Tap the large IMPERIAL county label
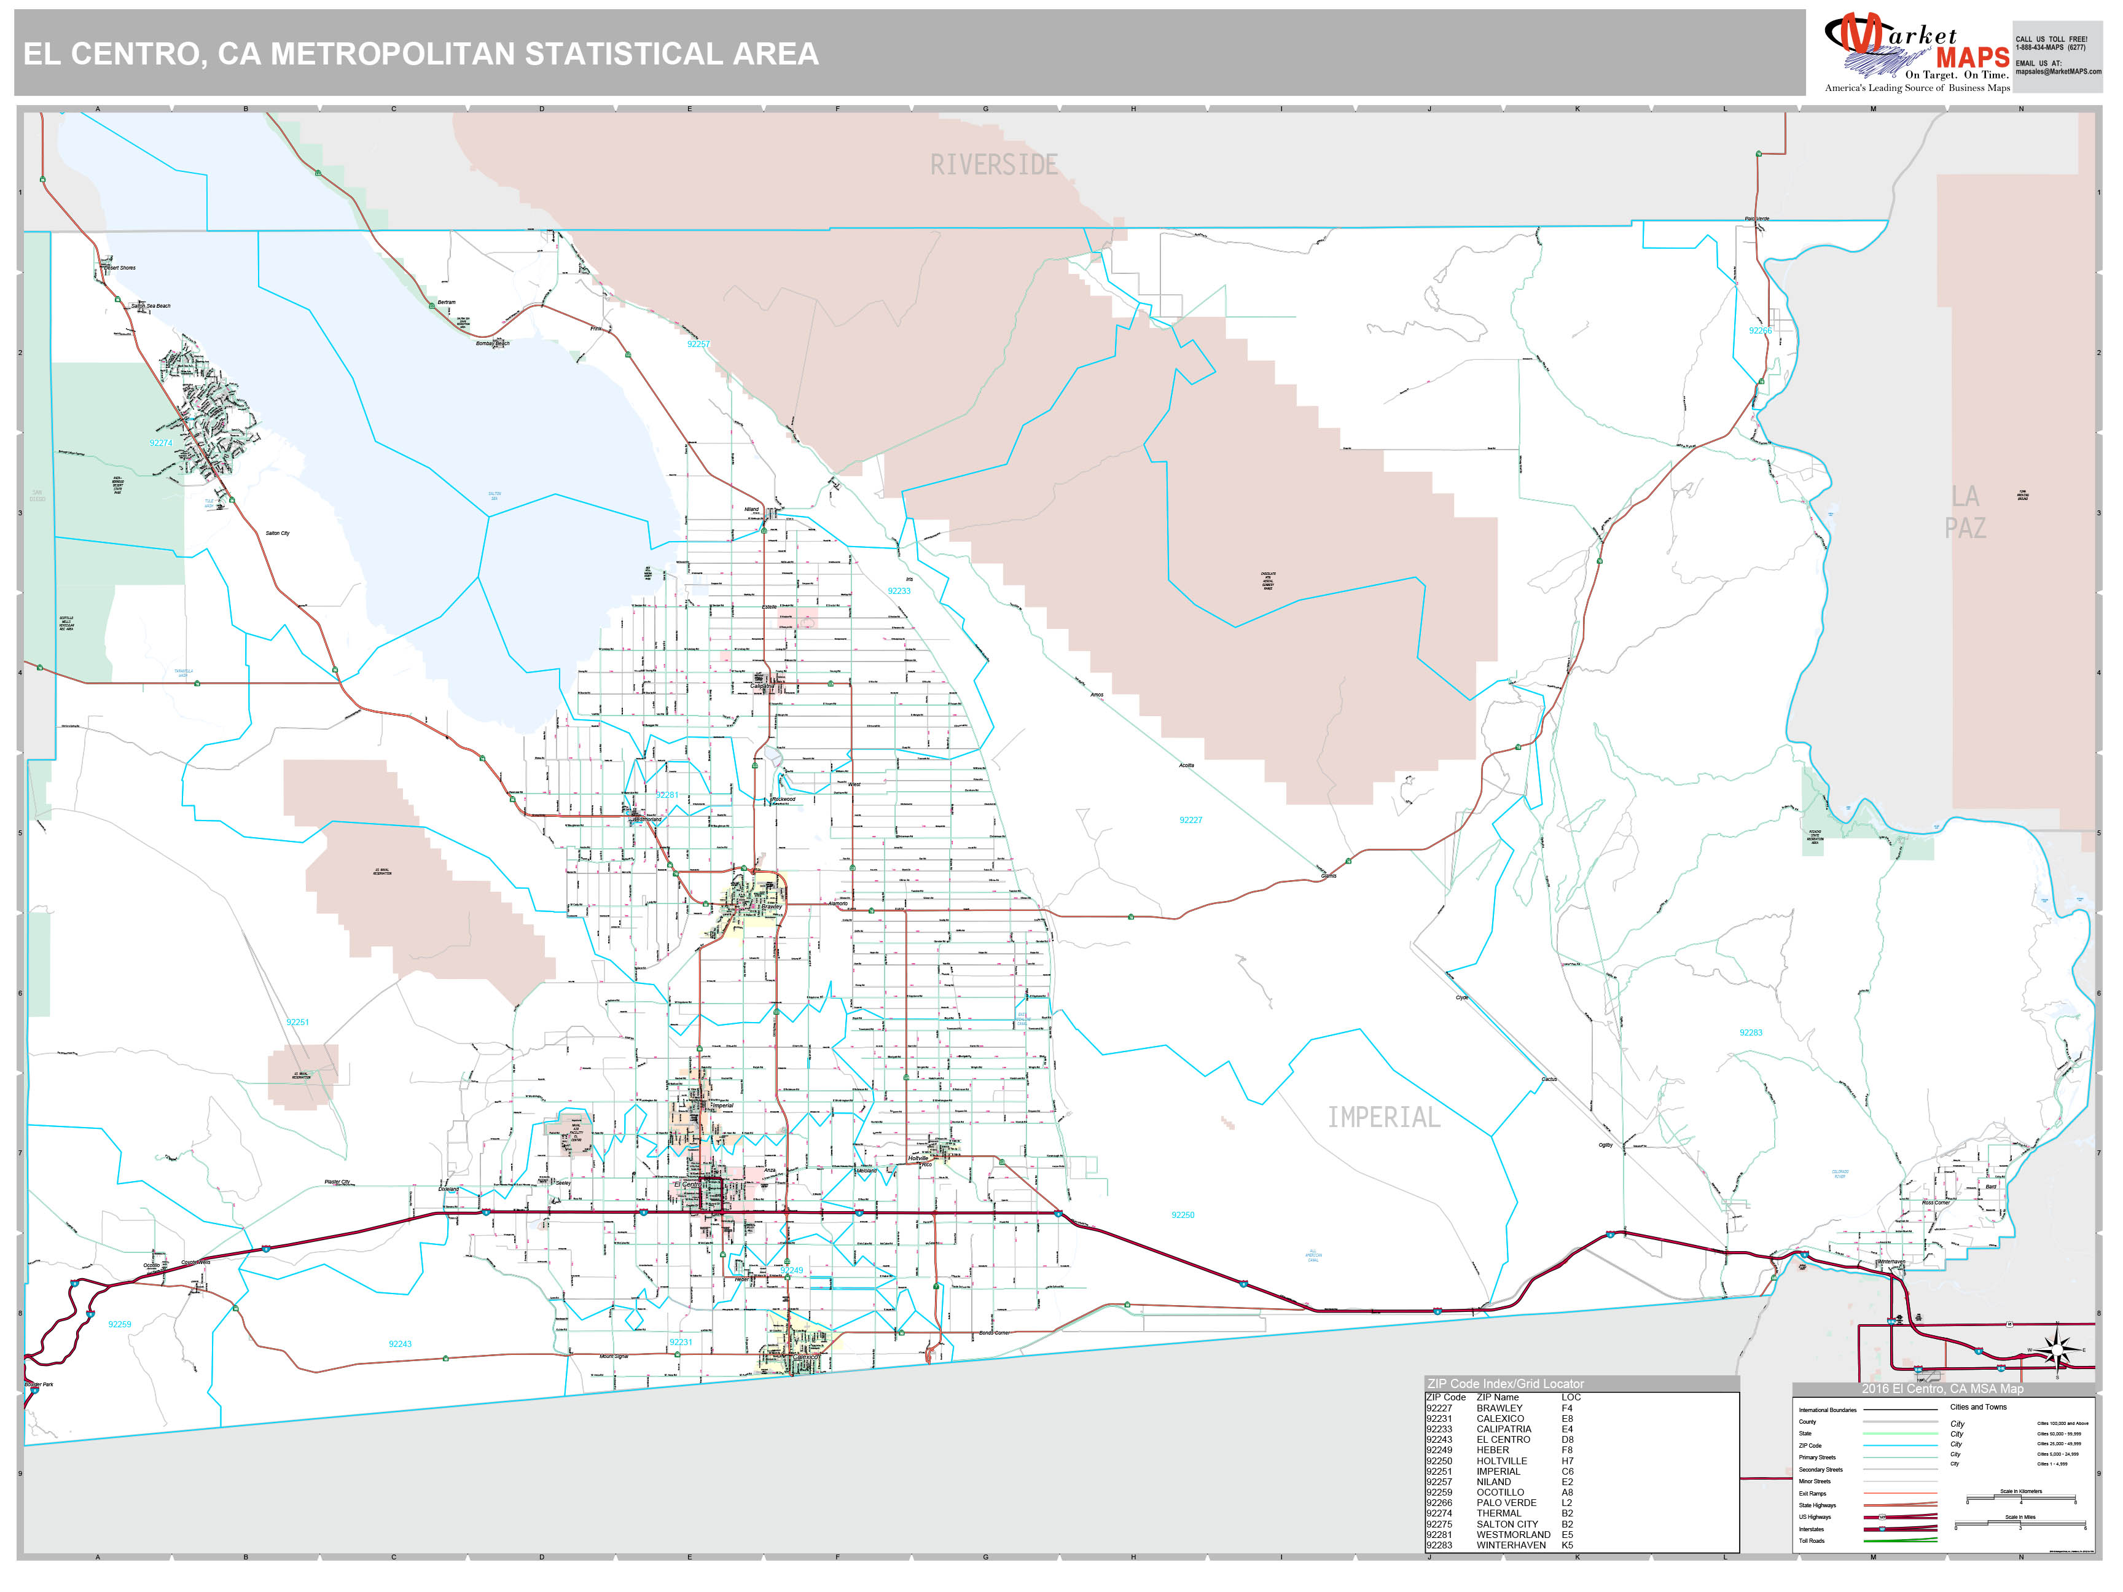[1383, 1117]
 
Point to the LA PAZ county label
[1965, 512]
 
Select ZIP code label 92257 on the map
[698, 343]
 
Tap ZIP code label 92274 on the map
[160, 443]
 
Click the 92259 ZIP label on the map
[119, 1324]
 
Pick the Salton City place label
[278, 533]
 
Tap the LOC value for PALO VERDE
[1566, 1503]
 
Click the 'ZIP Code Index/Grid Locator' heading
[1505, 1384]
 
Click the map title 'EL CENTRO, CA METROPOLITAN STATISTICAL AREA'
[420, 53]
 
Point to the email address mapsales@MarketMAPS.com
[2058, 71]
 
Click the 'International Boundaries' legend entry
[1828, 1410]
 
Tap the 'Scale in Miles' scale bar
[2019, 1524]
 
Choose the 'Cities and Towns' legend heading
[1978, 1407]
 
